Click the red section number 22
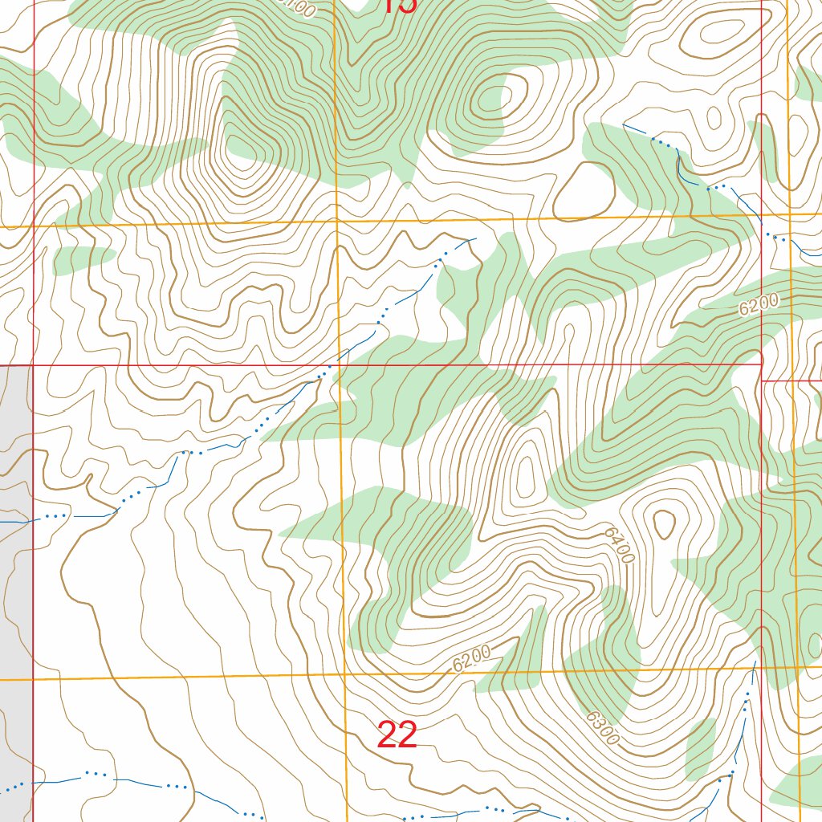coord(397,735)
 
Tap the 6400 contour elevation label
coord(621,546)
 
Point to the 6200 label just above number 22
coord(471,657)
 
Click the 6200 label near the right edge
coord(759,304)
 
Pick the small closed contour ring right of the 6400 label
coord(664,526)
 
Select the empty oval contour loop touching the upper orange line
coord(584,191)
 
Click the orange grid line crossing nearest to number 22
coord(346,674)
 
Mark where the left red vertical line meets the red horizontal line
coord(33,365)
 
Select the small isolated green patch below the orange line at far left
coord(84,257)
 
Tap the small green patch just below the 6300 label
coord(701,747)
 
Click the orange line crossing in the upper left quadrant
coord(335,222)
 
